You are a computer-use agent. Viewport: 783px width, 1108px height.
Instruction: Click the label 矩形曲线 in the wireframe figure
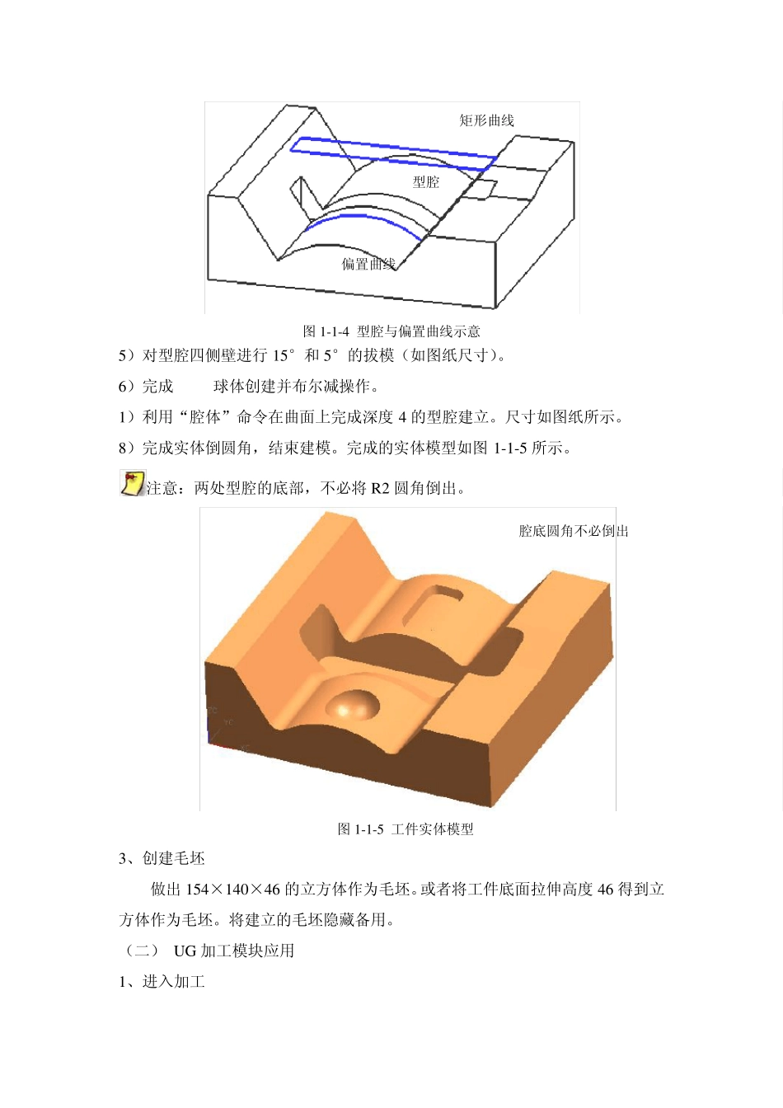tap(486, 120)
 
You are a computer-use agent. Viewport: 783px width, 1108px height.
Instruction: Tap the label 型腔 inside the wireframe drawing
tap(426, 182)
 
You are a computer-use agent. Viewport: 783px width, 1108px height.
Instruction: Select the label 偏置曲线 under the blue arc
tap(368, 264)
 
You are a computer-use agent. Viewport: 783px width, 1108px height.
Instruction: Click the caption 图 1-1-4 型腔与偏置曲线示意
tap(391, 331)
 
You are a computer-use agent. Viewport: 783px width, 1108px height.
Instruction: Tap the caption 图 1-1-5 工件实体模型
tap(406, 829)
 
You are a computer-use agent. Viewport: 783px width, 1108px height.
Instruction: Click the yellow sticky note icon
tap(132, 484)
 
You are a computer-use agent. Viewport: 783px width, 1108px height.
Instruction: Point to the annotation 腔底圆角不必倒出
tap(574, 532)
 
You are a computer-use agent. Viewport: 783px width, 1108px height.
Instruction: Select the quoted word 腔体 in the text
tap(205, 417)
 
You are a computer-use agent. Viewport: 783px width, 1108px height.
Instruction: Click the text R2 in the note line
tap(379, 489)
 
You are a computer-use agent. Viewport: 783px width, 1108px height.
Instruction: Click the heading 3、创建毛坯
tap(162, 859)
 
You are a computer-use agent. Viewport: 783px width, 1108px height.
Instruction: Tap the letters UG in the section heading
tap(185, 951)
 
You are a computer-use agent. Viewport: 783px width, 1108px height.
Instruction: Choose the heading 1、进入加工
tap(162, 982)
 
